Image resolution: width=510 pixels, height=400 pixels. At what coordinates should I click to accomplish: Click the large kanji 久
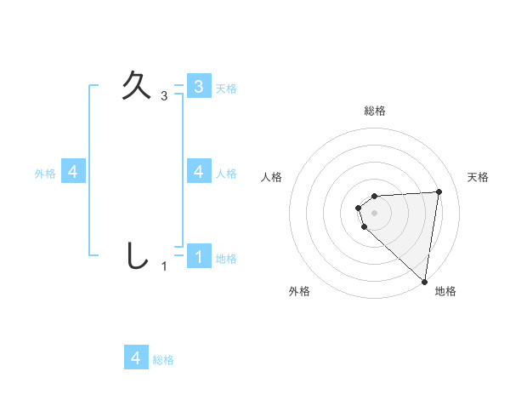tap(137, 85)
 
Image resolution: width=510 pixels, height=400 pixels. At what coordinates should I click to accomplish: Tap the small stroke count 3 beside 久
tap(164, 96)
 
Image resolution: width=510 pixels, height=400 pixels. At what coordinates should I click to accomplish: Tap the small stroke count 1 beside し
tap(164, 266)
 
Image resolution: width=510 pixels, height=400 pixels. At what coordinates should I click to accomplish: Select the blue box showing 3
tap(199, 86)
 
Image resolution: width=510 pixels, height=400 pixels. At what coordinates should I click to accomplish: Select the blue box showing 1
tap(199, 256)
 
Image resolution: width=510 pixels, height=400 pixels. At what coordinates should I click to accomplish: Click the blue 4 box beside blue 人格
tap(199, 171)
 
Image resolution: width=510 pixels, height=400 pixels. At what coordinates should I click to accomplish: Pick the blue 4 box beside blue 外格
tap(73, 171)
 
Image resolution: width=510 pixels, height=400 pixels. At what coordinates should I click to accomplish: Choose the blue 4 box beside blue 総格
tap(136, 357)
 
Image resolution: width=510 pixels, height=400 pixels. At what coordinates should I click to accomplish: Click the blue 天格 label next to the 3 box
tap(226, 88)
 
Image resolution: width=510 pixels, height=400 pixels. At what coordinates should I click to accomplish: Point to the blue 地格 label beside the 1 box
tap(226, 258)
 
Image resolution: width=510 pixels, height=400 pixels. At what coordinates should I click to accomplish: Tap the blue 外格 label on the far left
tap(45, 173)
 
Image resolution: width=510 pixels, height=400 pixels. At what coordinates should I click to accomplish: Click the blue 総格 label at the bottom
tap(163, 360)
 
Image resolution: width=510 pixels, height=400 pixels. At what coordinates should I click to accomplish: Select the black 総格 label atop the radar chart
tap(374, 111)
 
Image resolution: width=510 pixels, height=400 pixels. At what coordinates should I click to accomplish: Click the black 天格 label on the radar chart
tap(479, 177)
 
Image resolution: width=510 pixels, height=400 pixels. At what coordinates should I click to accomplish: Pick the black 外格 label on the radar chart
tap(299, 291)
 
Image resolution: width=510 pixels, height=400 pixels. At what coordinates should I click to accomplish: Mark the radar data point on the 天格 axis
tap(439, 191)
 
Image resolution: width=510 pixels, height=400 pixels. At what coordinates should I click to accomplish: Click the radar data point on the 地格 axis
tap(424, 281)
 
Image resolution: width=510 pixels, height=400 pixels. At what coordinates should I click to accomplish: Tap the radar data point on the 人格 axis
tap(359, 208)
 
